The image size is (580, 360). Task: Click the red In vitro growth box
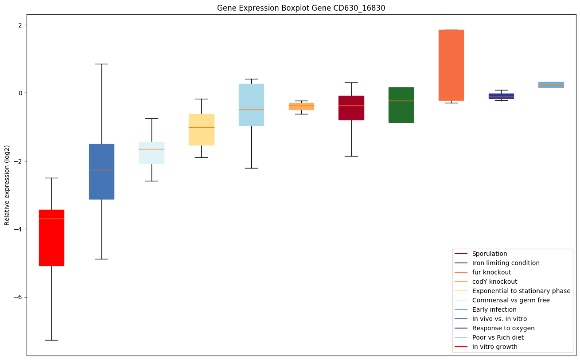tap(51, 238)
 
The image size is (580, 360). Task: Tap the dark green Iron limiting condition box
tap(401, 105)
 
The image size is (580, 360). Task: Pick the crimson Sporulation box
tap(351, 108)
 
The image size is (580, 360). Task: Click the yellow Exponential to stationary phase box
tap(202, 129)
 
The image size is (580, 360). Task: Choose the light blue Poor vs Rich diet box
tap(251, 105)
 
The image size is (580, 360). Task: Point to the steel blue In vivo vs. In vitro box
tap(101, 172)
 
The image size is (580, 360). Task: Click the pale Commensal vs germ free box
tap(152, 153)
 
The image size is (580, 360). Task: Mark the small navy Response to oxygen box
tap(501, 96)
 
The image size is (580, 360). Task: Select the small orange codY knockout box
tap(301, 106)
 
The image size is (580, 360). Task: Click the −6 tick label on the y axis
tap(18, 297)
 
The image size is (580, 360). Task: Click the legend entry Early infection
tap(494, 309)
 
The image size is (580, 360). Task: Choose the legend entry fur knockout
tap(491, 272)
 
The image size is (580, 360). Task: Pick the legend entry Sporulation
tap(489, 254)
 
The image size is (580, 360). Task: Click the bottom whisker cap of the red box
tap(51, 340)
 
